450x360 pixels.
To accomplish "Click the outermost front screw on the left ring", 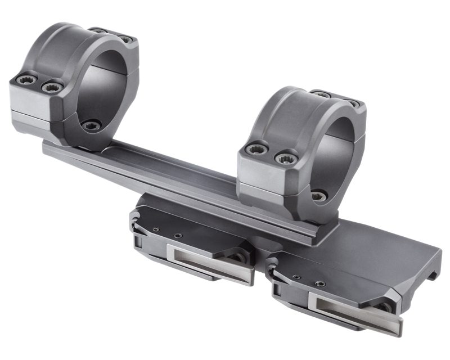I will pos(26,79).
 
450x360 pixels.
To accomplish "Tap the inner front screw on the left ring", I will pos(52,87).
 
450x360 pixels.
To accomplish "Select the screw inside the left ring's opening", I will pos(91,125).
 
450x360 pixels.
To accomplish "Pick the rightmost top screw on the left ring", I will pos(125,39).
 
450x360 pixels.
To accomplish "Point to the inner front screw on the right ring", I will pos(286,158).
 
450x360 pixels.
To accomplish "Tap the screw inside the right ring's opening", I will pos(319,195).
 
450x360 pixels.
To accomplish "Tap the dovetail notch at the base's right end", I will pos(432,274).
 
